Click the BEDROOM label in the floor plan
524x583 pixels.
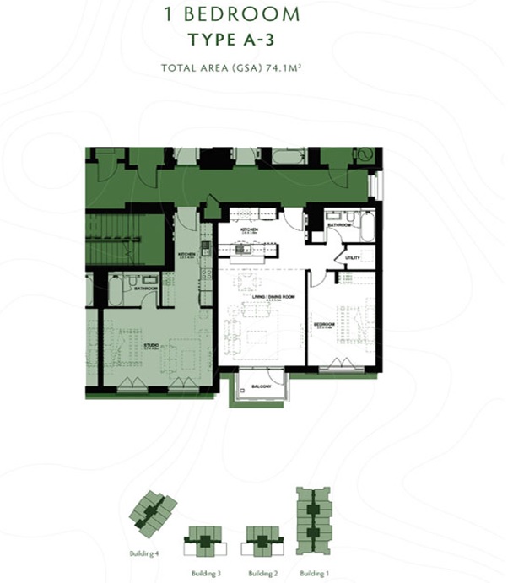click(x=324, y=324)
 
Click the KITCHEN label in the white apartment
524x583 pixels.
click(x=249, y=230)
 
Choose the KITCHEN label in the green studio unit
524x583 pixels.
click(x=186, y=254)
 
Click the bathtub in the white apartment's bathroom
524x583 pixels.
click(x=367, y=227)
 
